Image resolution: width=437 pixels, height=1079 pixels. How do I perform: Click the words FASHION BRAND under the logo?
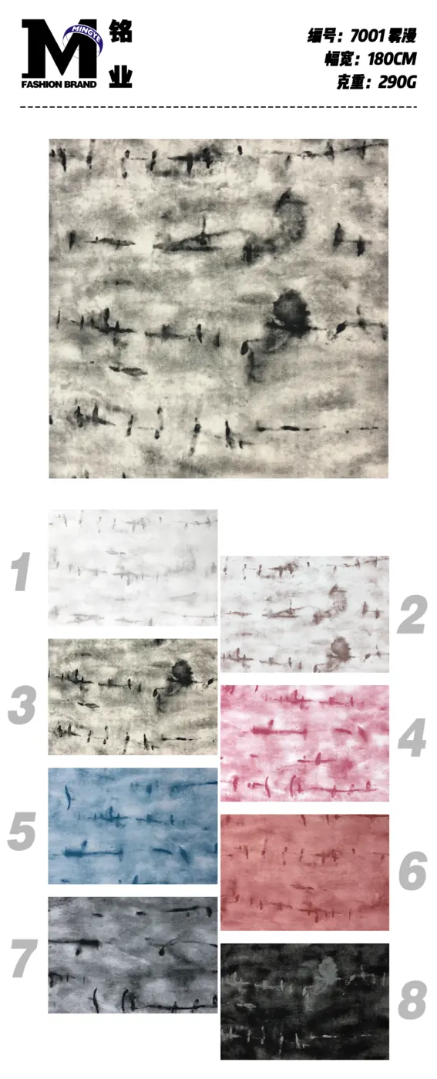point(59,84)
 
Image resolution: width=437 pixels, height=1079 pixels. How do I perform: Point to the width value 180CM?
point(392,59)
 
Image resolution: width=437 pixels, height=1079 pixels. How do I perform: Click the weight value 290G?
point(397,82)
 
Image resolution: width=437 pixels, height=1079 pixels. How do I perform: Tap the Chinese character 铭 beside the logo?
point(120,32)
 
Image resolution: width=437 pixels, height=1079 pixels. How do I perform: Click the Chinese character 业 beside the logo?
point(120,76)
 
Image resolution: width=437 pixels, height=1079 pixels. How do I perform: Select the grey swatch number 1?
point(21,571)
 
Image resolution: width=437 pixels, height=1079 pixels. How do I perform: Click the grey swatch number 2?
point(412,614)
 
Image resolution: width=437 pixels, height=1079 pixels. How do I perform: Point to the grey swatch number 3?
point(22,704)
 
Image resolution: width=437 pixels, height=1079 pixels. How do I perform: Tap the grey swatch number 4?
point(412,738)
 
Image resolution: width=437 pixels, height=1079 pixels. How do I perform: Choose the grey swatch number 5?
point(22,831)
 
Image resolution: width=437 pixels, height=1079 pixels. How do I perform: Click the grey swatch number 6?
point(412,870)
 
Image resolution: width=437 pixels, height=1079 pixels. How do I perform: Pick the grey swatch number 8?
point(412,1000)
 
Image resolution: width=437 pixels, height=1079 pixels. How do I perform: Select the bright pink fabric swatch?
point(304,743)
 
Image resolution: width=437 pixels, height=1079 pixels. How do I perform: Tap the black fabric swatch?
point(304,1001)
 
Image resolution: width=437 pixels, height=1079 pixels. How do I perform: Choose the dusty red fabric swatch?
point(304,872)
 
